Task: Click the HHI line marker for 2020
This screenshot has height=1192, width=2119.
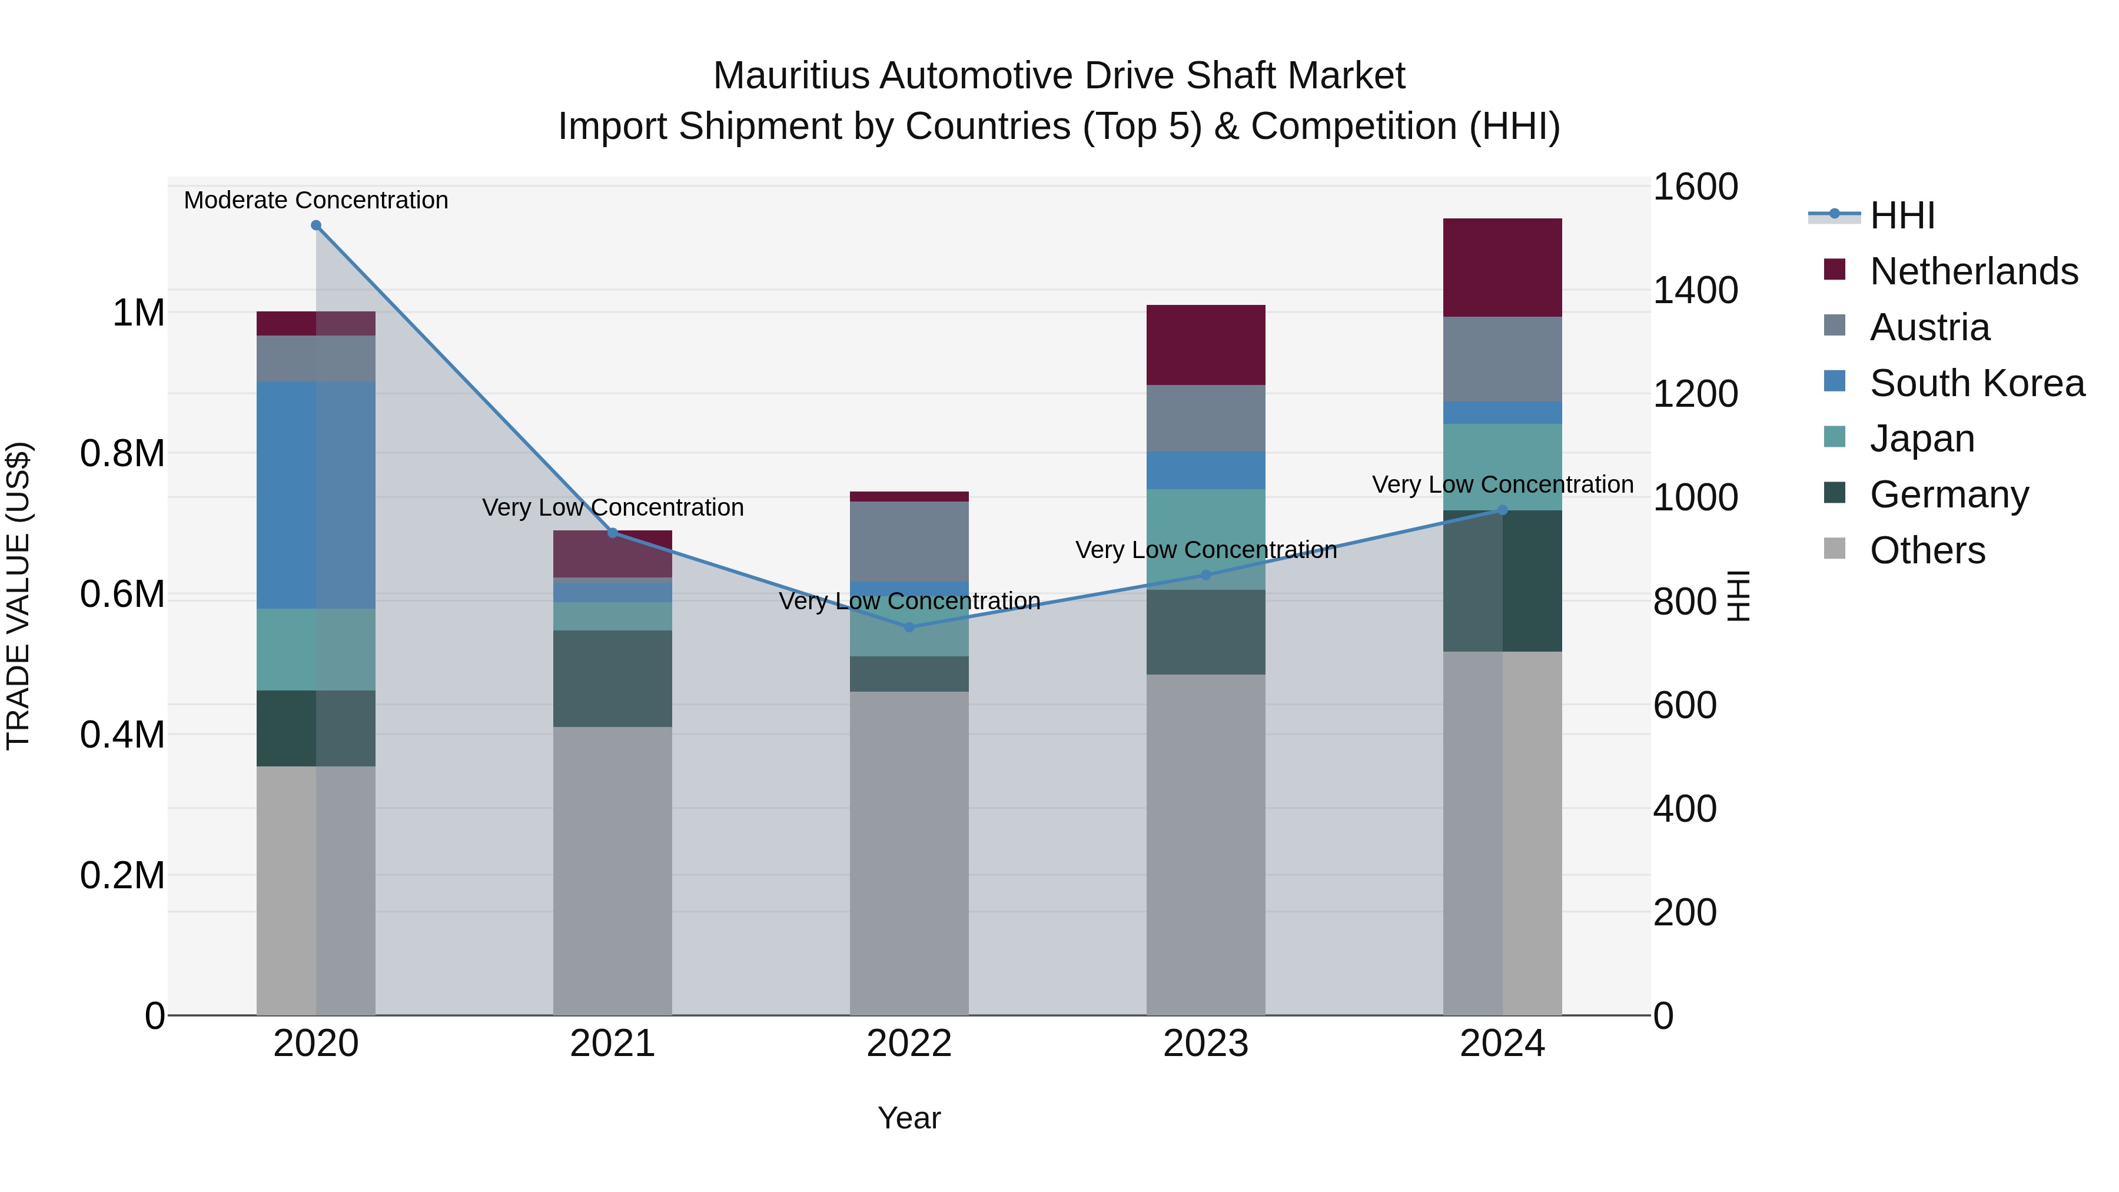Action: click(x=316, y=225)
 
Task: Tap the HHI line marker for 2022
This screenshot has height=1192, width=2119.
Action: click(x=909, y=627)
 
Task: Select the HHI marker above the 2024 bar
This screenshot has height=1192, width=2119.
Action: click(x=1502, y=510)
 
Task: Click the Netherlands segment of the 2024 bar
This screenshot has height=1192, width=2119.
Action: click(x=1502, y=267)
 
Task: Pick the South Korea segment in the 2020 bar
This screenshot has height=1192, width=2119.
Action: click(x=316, y=494)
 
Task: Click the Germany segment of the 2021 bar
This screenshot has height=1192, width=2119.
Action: click(x=612, y=678)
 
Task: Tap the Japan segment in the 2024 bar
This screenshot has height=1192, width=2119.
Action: click(x=1502, y=466)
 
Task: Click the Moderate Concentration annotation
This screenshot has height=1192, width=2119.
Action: click(x=316, y=200)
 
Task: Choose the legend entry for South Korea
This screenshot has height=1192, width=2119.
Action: click(x=1977, y=383)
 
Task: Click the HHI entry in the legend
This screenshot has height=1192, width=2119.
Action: click(x=1902, y=215)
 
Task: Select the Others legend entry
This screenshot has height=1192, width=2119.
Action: click(x=1927, y=550)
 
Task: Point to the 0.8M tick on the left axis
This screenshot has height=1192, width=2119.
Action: click(x=122, y=453)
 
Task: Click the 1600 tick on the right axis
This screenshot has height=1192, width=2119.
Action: click(x=1695, y=187)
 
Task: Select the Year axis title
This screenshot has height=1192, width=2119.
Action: click(x=909, y=1118)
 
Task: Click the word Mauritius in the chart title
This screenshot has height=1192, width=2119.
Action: click(x=791, y=76)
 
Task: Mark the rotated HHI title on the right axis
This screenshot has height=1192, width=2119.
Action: click(x=1738, y=596)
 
